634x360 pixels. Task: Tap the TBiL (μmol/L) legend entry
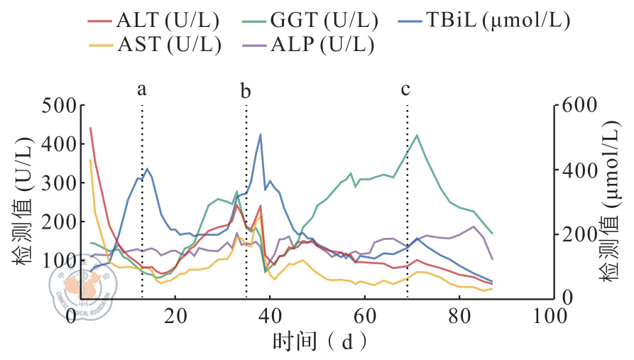[492, 21]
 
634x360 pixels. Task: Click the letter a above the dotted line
[142, 89]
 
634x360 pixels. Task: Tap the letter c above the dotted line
[406, 89]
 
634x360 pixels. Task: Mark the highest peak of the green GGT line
[417, 135]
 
